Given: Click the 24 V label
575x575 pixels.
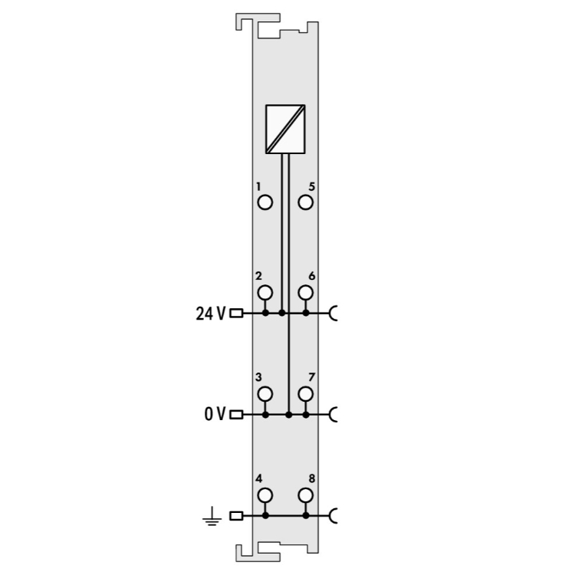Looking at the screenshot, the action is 211,314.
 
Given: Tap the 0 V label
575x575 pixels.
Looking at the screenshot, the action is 215,414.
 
